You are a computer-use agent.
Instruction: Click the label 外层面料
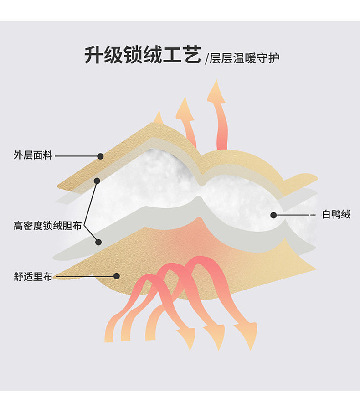point(33,156)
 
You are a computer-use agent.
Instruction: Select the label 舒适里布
point(33,276)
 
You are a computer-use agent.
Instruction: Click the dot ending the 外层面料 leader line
point(100,156)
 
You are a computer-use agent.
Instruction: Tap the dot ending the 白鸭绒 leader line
point(273,215)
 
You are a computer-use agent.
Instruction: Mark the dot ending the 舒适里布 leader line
point(117,276)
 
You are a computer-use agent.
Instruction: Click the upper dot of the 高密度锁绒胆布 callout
point(97,181)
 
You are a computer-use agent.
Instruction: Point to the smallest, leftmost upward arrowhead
point(158,117)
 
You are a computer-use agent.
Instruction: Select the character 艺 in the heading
point(190,55)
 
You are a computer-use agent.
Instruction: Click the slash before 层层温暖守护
point(206,58)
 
